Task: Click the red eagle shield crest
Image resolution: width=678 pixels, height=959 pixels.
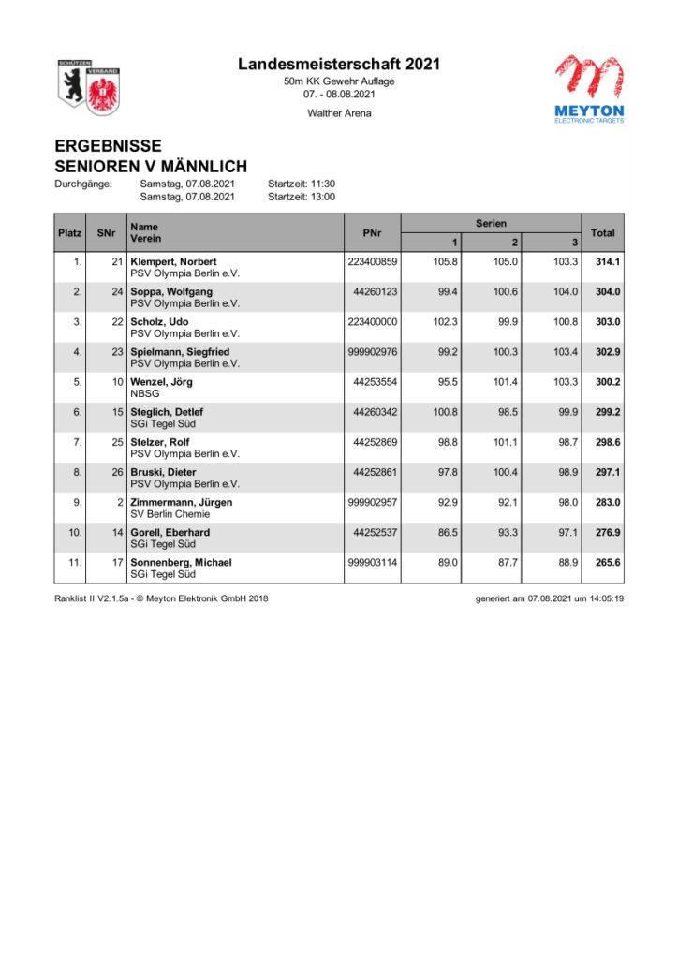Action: coord(101,90)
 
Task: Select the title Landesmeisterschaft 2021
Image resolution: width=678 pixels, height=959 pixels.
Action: coord(339,65)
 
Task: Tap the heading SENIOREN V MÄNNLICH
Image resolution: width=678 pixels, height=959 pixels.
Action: coord(151,167)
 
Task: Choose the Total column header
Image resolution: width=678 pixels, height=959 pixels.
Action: coord(603,232)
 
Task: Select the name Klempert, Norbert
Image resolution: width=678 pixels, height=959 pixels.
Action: coord(173,261)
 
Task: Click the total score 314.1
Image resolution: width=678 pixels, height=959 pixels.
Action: coord(608,261)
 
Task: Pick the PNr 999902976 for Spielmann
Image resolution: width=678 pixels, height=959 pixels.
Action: coord(373,352)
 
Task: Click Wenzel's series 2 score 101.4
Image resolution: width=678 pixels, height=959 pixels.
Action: coord(504,382)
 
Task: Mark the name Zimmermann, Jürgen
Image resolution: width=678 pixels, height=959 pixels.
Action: coord(182,502)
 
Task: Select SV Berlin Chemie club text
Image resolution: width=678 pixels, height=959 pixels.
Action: coord(169,514)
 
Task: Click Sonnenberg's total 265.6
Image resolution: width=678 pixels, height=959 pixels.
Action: coord(608,562)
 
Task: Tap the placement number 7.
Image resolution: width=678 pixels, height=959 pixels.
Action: coord(78,442)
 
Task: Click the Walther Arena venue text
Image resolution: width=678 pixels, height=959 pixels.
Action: coord(339,113)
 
